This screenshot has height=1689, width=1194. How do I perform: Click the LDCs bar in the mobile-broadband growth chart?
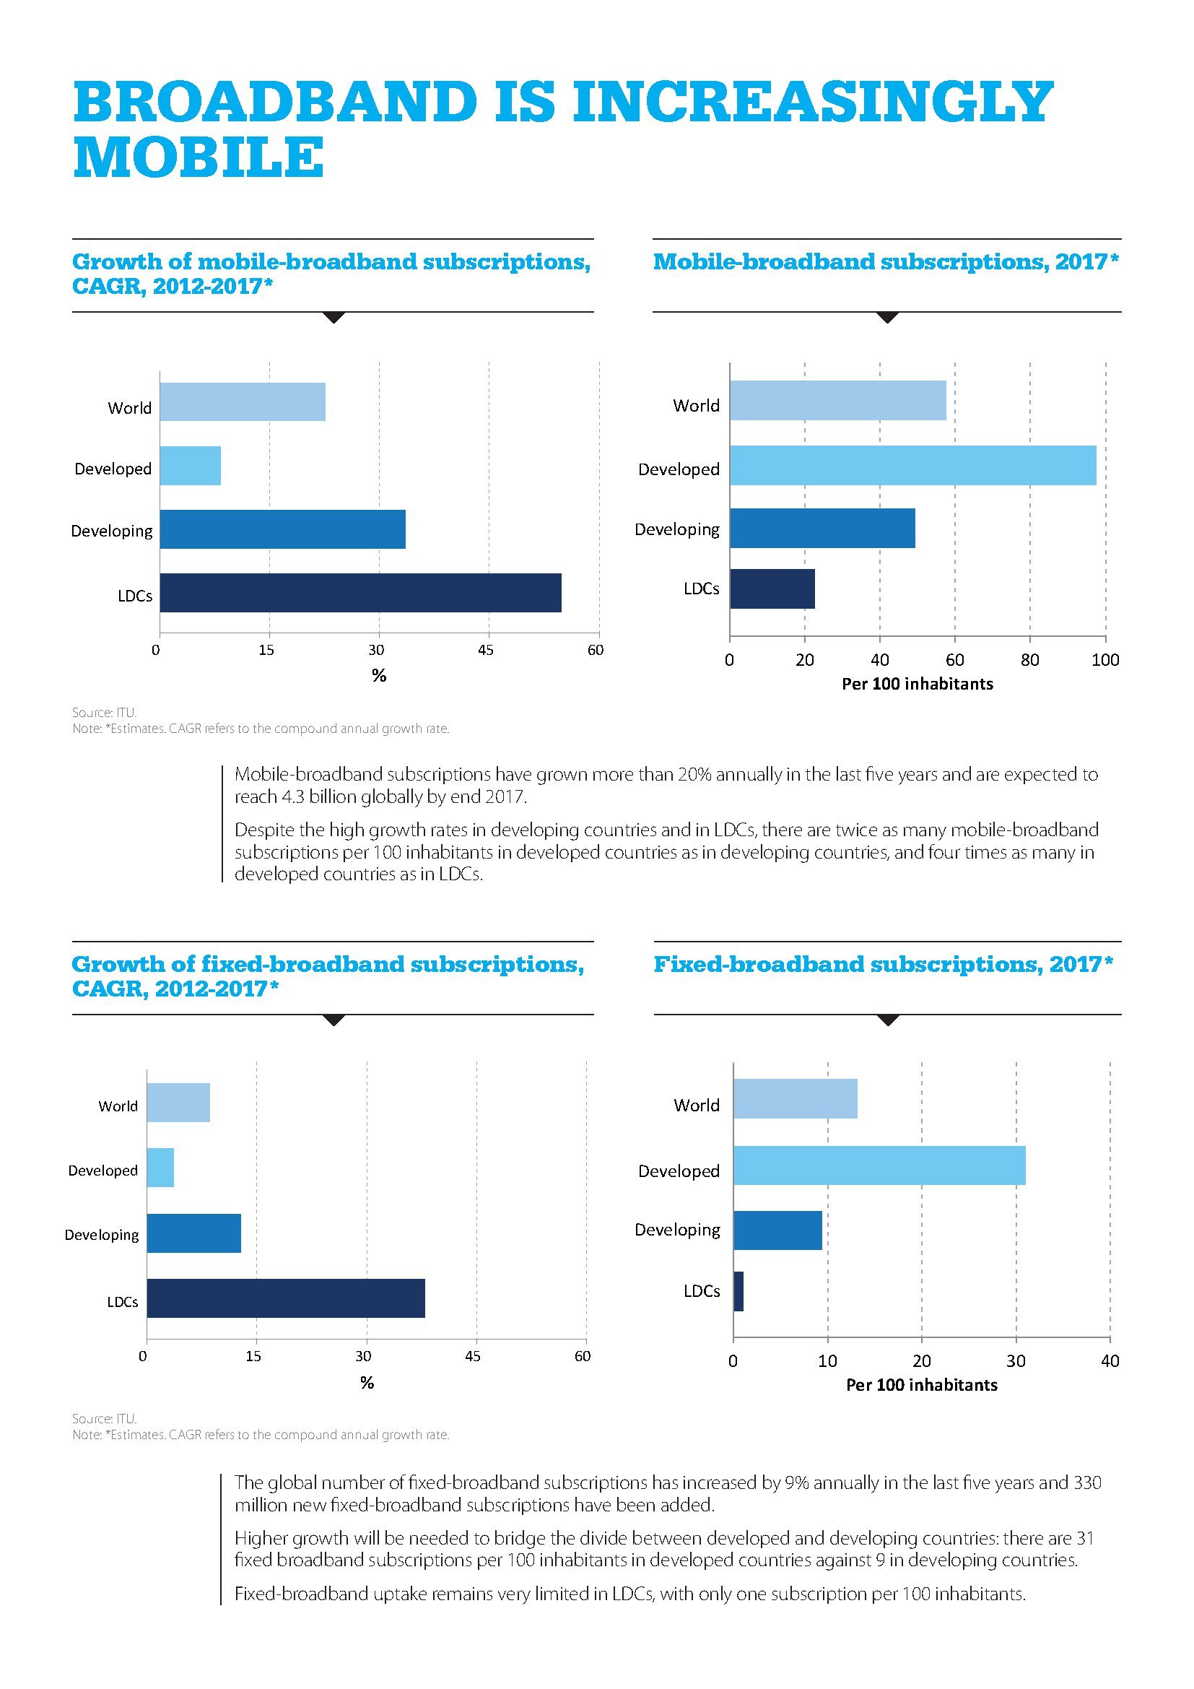click(360, 592)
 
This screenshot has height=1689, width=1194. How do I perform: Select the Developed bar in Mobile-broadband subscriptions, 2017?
click(912, 465)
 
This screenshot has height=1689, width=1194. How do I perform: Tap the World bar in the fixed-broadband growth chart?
click(178, 1102)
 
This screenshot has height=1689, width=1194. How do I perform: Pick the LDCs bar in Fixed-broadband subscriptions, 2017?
click(738, 1291)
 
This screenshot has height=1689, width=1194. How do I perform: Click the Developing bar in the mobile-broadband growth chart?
click(282, 529)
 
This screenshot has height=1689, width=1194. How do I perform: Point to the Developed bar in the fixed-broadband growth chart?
click(160, 1167)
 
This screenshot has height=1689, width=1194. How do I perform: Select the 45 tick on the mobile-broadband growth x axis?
click(485, 651)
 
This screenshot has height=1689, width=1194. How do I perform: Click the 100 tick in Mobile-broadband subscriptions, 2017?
click(1105, 660)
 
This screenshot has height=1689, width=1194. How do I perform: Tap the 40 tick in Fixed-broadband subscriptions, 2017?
click(1110, 1361)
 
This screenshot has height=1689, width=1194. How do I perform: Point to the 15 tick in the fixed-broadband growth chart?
click(253, 1356)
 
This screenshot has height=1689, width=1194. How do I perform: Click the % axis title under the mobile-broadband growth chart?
click(379, 675)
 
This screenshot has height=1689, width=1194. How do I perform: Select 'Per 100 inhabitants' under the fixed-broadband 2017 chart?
click(921, 1385)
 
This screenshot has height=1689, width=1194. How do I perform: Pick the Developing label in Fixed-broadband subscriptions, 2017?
click(677, 1229)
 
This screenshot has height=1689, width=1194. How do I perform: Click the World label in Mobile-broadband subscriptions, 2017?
click(695, 405)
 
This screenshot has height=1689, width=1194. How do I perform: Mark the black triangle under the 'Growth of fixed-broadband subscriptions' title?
click(334, 1020)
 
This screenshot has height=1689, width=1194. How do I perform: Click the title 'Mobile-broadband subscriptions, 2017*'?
click(886, 262)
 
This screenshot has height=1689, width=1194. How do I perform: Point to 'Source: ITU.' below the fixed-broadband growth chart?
click(105, 1418)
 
